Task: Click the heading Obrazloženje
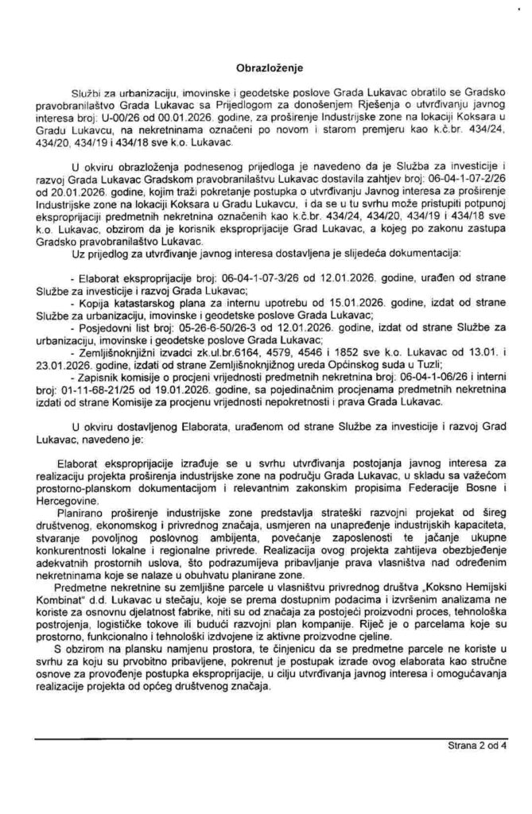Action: tap(266, 69)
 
